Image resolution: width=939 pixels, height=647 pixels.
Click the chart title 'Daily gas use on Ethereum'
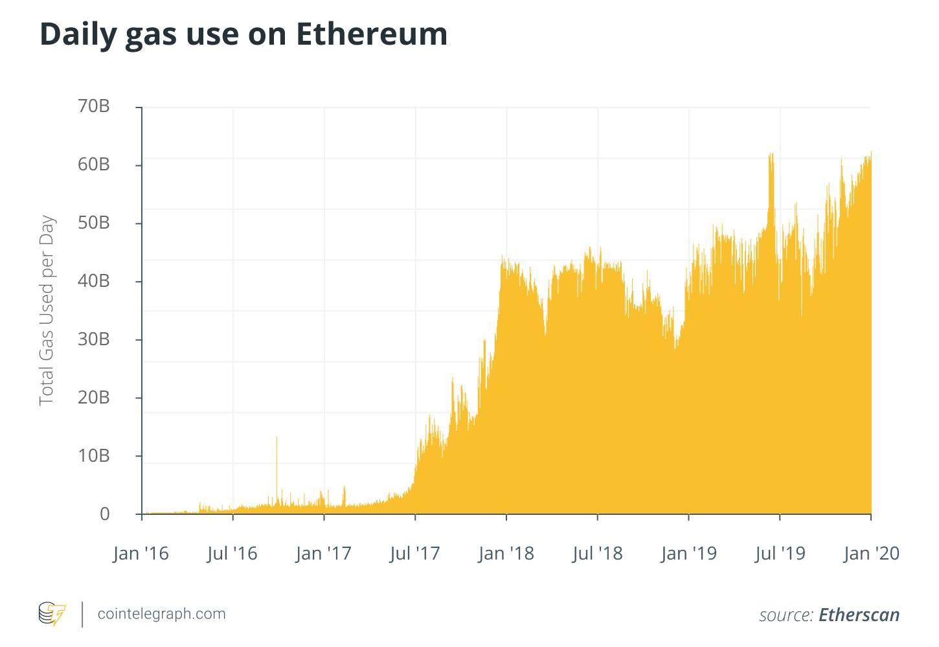point(243,34)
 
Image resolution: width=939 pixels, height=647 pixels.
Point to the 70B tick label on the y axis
point(94,106)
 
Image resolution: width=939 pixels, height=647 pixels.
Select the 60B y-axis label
point(94,164)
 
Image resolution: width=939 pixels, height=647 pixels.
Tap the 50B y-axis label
point(94,222)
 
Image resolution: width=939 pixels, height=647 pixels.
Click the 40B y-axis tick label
point(94,280)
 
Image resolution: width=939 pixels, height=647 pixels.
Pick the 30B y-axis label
point(94,339)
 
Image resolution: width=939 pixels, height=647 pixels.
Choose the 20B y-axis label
point(94,397)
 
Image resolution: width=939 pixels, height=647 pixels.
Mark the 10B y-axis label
point(94,455)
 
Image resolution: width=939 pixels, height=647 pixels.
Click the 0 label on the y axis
point(104,514)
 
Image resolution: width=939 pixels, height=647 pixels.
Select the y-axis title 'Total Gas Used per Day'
point(47,310)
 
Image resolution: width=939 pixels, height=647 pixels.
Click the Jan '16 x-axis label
point(141,553)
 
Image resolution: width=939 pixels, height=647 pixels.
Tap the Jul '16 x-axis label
point(232,553)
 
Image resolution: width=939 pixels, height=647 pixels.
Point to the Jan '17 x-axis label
point(323,553)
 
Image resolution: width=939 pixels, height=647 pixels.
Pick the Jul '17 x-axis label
point(414,553)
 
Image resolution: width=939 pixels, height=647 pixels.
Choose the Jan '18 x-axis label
point(506,553)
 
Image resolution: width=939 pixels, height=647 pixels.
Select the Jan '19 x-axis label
point(688,553)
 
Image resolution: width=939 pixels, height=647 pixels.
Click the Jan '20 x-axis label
point(871,553)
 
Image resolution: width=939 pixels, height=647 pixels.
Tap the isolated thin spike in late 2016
point(277,466)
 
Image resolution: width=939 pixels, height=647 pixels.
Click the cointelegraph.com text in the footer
point(161,613)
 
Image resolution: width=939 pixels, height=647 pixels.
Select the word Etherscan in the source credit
point(859,615)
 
